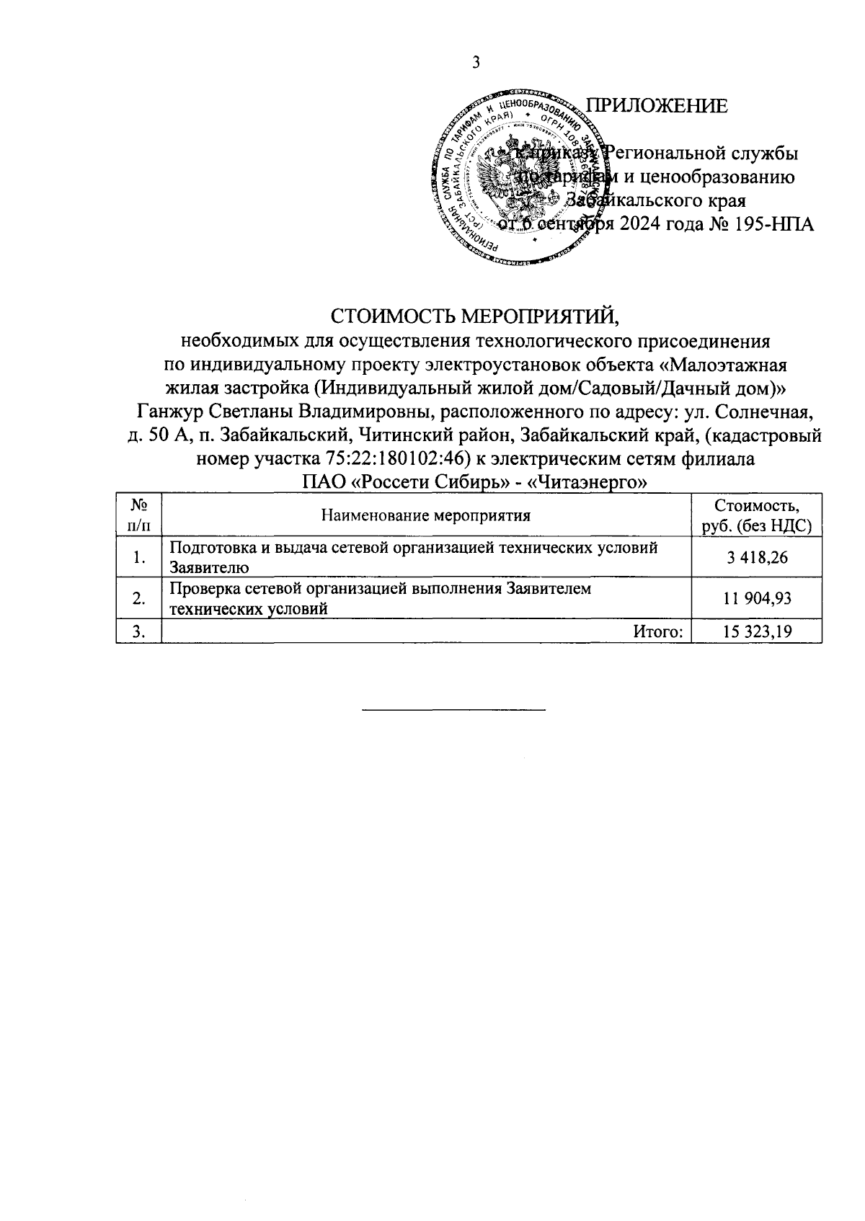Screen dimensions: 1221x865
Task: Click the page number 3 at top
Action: [x=475, y=63]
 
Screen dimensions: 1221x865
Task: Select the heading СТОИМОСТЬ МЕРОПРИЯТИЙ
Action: [x=475, y=316]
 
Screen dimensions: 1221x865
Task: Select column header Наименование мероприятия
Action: [x=425, y=515]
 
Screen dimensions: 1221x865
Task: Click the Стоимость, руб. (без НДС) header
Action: [x=756, y=515]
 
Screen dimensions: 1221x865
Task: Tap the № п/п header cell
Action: [x=139, y=515]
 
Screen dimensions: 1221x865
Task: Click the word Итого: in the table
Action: [x=657, y=632]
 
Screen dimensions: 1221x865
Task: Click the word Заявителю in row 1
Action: [x=209, y=567]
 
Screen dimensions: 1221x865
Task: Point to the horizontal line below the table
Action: [x=453, y=711]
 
